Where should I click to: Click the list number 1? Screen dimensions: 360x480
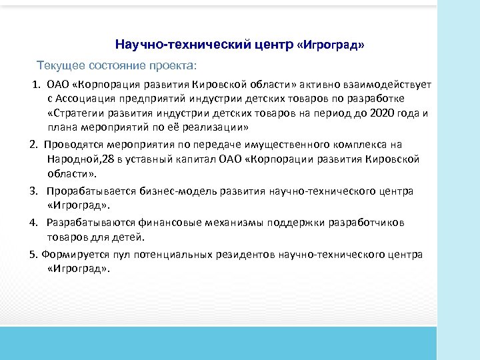click(x=37, y=85)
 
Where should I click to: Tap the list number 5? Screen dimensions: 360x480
click(x=33, y=254)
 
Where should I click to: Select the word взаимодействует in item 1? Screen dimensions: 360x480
click(x=393, y=85)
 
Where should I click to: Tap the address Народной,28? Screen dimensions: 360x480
click(x=79, y=159)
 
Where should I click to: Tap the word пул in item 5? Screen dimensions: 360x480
click(x=116, y=254)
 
